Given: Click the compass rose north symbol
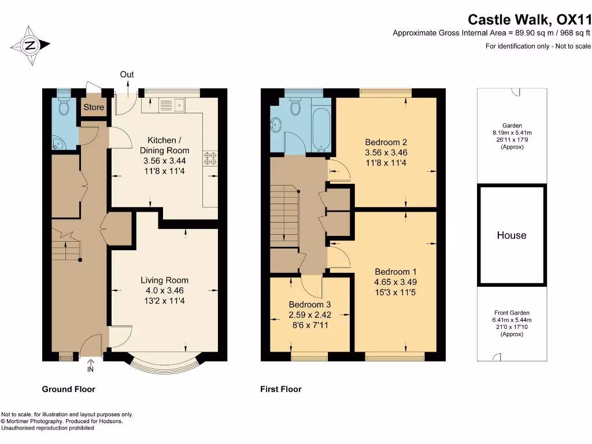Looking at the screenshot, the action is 30,45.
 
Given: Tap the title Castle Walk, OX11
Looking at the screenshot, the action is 530,19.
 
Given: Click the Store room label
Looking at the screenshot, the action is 94,107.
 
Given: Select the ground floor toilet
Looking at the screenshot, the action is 64,106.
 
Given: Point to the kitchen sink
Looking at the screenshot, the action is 172,105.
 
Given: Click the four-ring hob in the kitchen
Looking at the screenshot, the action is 210,158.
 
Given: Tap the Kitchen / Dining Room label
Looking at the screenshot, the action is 164,145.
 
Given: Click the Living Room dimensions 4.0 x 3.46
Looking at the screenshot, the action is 165,291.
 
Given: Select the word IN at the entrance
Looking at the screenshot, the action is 90,369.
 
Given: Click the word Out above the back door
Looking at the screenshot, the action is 127,75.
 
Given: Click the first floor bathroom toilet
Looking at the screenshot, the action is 295,107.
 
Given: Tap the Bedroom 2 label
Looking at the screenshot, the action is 386,142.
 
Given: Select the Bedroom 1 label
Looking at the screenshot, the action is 395,272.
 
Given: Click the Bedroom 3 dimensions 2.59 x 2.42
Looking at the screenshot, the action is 310,315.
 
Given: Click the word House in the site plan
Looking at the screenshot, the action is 512,235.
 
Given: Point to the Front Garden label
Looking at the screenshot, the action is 512,313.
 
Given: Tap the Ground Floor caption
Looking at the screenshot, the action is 68,389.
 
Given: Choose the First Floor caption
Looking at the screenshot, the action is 281,389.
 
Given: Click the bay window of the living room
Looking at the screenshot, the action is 165,365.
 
